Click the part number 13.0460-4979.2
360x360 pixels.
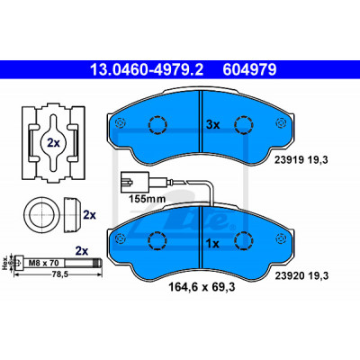pyautogui.click(x=147, y=70)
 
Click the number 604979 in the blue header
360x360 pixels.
pyautogui.click(x=249, y=70)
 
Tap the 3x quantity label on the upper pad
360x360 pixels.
pyautogui.click(x=213, y=124)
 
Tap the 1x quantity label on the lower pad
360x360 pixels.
pyautogui.click(x=213, y=244)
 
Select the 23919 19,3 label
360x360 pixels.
pyautogui.click(x=301, y=160)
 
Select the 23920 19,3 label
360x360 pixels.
pyautogui.click(x=301, y=275)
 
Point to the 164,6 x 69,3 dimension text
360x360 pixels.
pyautogui.click(x=202, y=287)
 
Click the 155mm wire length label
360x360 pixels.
pyautogui.click(x=147, y=199)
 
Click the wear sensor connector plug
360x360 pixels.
pyautogui.click(x=134, y=182)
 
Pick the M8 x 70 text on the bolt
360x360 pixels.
pyautogui.click(x=43, y=263)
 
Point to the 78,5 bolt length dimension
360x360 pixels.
pyautogui.click(x=58, y=274)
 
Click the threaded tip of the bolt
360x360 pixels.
pyautogui.click(x=98, y=263)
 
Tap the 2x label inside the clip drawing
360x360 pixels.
pyautogui.click(x=53, y=143)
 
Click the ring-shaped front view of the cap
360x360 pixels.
pyautogui.click(x=41, y=215)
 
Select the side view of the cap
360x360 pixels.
pyautogui.click(x=73, y=215)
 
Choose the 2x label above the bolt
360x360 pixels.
pyautogui.click(x=81, y=250)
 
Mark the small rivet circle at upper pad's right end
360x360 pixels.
pyautogui.click(x=281, y=122)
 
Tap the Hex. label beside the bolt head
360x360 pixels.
pyautogui.click(x=4, y=263)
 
